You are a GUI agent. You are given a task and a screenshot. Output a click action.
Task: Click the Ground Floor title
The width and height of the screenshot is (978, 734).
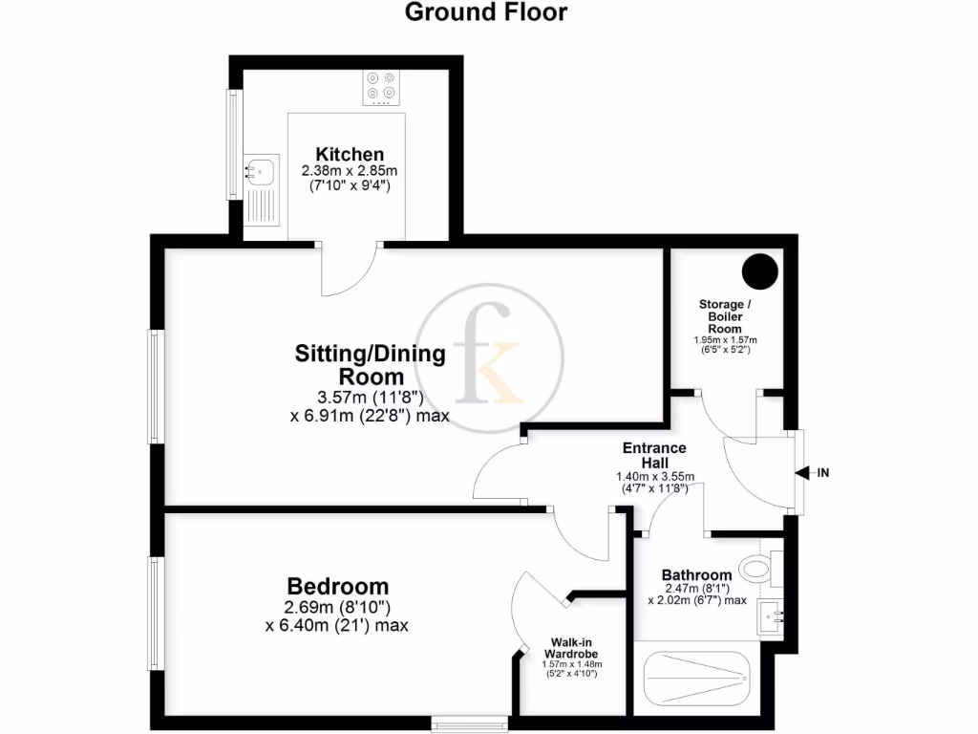(x=486, y=12)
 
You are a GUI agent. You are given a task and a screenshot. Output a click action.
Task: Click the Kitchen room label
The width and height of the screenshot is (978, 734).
(x=350, y=154)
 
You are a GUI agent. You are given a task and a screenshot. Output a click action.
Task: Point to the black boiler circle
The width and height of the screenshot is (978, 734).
(x=761, y=270)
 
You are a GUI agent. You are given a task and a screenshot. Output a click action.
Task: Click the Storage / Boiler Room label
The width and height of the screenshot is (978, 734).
(x=725, y=316)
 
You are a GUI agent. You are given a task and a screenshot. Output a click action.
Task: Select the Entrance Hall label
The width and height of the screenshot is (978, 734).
(x=654, y=455)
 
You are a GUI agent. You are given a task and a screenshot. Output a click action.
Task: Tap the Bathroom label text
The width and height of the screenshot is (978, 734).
(x=697, y=574)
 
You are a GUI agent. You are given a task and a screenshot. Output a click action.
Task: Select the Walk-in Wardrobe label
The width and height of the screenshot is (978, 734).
(x=573, y=648)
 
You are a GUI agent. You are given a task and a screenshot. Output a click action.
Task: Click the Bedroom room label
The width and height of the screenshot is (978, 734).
(x=338, y=586)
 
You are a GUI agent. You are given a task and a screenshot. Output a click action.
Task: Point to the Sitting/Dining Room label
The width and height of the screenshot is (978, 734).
(x=370, y=364)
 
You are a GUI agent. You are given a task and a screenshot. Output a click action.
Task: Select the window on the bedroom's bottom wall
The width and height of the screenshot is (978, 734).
(x=470, y=720)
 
